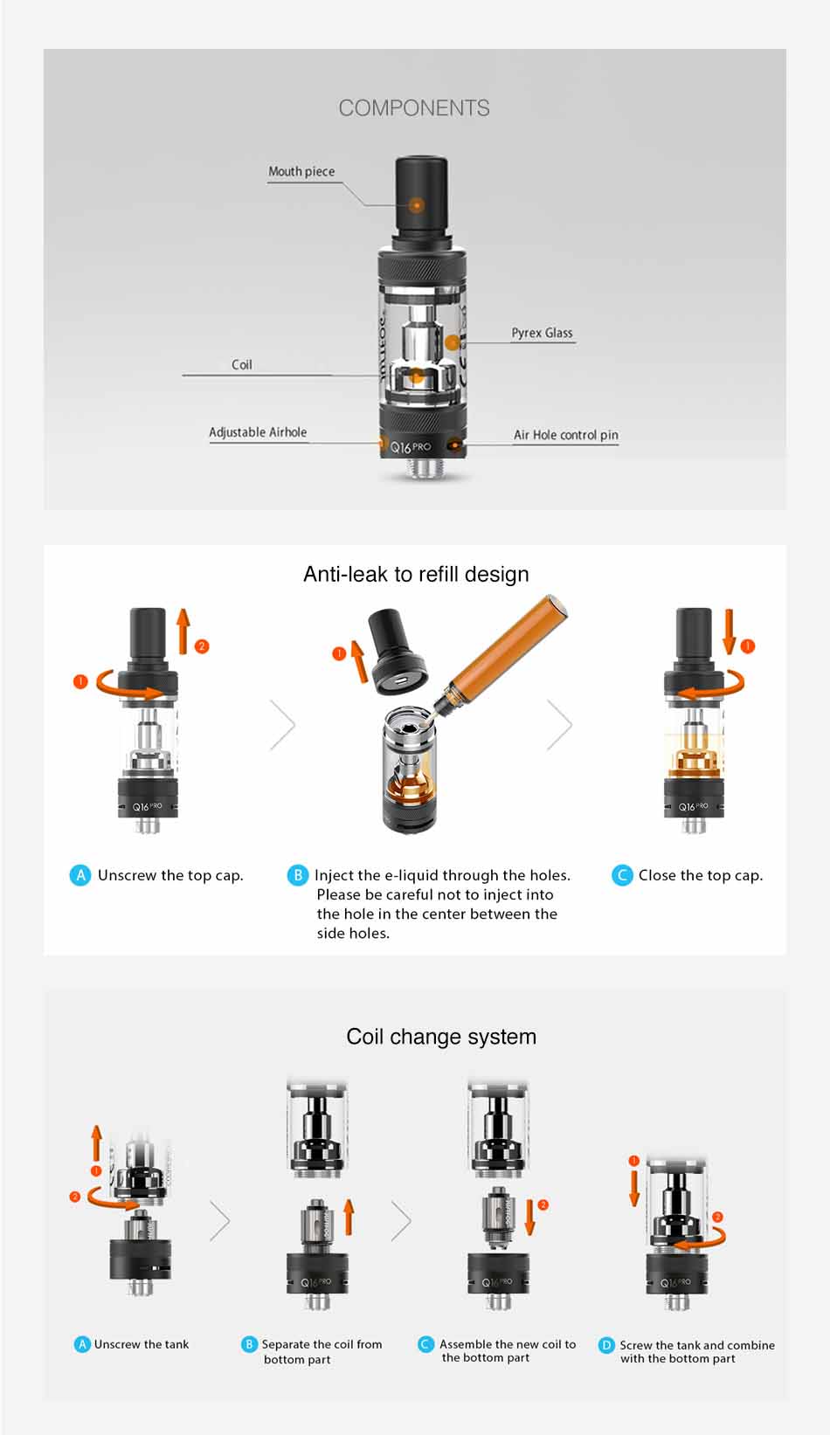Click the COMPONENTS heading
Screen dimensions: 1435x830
414,108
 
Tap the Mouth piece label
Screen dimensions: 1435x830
301,171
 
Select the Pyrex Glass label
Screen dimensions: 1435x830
542,333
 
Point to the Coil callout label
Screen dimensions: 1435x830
242,365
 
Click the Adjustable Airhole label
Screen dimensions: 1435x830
258,432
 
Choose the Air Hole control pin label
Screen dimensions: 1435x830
565,435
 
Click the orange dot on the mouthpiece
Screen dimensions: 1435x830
418,206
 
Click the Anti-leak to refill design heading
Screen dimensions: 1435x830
416,574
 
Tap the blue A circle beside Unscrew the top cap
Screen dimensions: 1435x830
80,875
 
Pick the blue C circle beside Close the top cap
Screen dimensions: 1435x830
622,875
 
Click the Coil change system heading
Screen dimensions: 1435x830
441,1037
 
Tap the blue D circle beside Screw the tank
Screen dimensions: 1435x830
606,1345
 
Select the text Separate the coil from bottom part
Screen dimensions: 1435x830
321,1351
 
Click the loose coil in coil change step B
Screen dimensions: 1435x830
315,1218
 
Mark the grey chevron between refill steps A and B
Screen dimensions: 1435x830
283,725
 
